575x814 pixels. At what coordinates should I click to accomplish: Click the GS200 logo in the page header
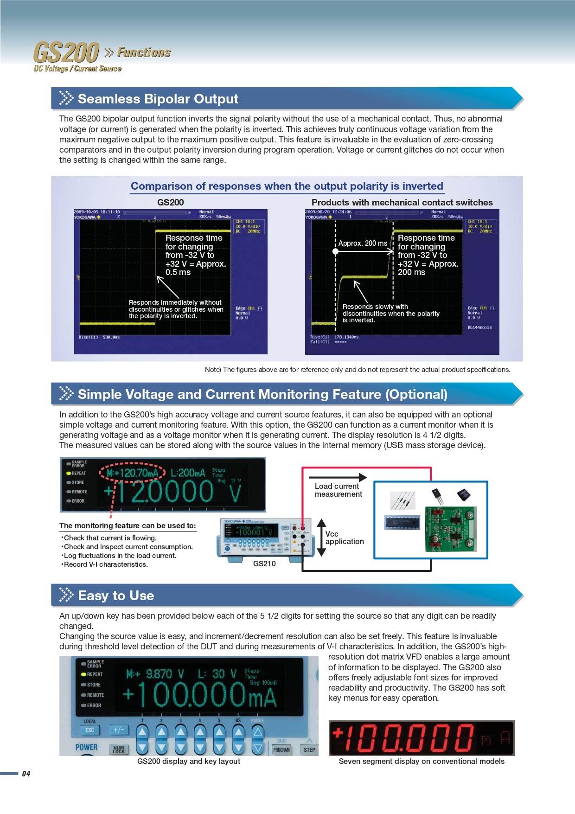(x=66, y=52)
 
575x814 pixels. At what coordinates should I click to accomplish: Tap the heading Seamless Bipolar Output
(x=158, y=99)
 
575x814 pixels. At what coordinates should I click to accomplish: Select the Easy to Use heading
(x=116, y=596)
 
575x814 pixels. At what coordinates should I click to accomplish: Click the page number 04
(x=26, y=774)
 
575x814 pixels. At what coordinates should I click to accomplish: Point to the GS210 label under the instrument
(x=264, y=564)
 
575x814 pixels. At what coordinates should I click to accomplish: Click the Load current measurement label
(x=338, y=490)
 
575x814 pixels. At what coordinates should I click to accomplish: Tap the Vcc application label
(x=344, y=538)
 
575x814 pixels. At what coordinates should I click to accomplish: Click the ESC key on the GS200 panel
(x=89, y=730)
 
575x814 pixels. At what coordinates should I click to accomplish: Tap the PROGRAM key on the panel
(x=281, y=750)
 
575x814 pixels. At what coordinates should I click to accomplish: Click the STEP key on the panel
(x=309, y=750)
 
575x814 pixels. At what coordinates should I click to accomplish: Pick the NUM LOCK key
(x=119, y=749)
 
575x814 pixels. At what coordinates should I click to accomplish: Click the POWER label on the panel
(x=87, y=747)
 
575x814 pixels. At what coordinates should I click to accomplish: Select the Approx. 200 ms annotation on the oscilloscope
(x=363, y=244)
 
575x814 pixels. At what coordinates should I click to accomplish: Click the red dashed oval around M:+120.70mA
(x=133, y=473)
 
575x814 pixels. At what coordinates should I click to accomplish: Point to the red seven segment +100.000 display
(x=421, y=738)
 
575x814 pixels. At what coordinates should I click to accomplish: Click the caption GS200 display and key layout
(x=189, y=761)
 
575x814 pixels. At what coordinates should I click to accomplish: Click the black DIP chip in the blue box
(x=402, y=522)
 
